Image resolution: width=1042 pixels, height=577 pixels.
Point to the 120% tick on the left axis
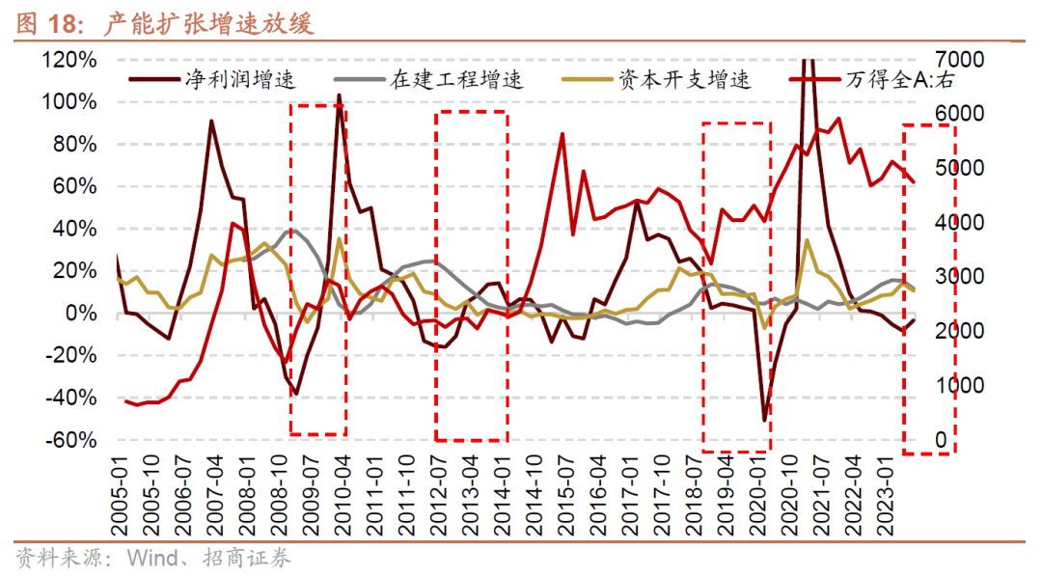[69, 60]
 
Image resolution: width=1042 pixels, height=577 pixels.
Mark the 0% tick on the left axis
[82, 314]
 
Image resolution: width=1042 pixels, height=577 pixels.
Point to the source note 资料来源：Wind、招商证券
[153, 558]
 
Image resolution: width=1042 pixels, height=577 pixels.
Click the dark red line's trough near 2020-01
[765, 421]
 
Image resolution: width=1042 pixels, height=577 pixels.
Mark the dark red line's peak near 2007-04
[211, 121]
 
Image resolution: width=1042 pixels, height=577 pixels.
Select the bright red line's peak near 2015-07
[562, 134]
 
